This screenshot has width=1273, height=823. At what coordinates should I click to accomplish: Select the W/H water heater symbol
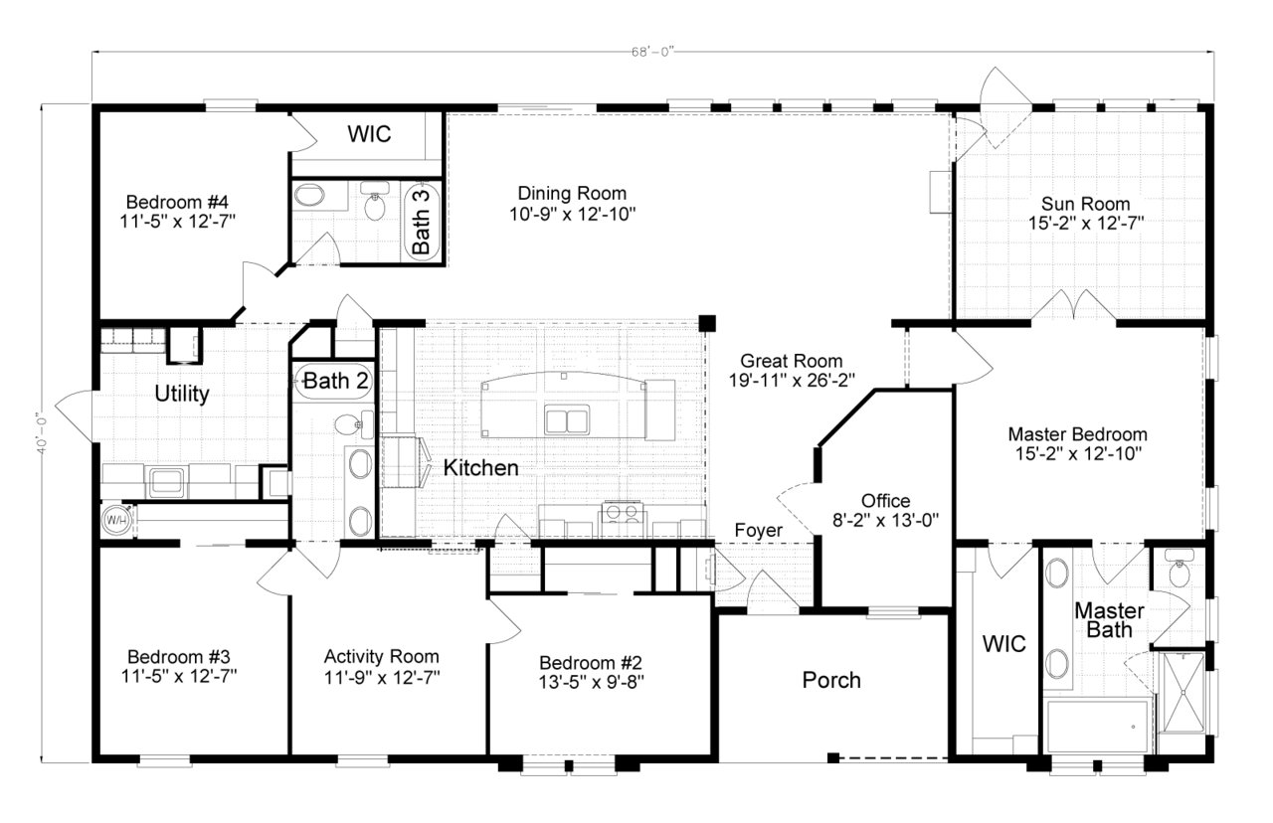point(115,520)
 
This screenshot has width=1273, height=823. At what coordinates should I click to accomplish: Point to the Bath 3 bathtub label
point(422,222)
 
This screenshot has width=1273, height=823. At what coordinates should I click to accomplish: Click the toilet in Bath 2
point(345,425)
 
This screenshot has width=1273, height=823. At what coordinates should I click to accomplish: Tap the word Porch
point(831,680)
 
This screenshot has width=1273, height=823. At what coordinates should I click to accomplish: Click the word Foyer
point(758,531)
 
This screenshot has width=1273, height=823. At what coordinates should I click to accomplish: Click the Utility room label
point(182,395)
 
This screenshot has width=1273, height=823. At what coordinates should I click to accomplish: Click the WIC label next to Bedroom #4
point(368,134)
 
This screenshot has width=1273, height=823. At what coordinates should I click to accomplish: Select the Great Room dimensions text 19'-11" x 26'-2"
point(791,380)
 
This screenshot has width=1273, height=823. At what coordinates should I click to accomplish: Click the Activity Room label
point(381,657)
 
